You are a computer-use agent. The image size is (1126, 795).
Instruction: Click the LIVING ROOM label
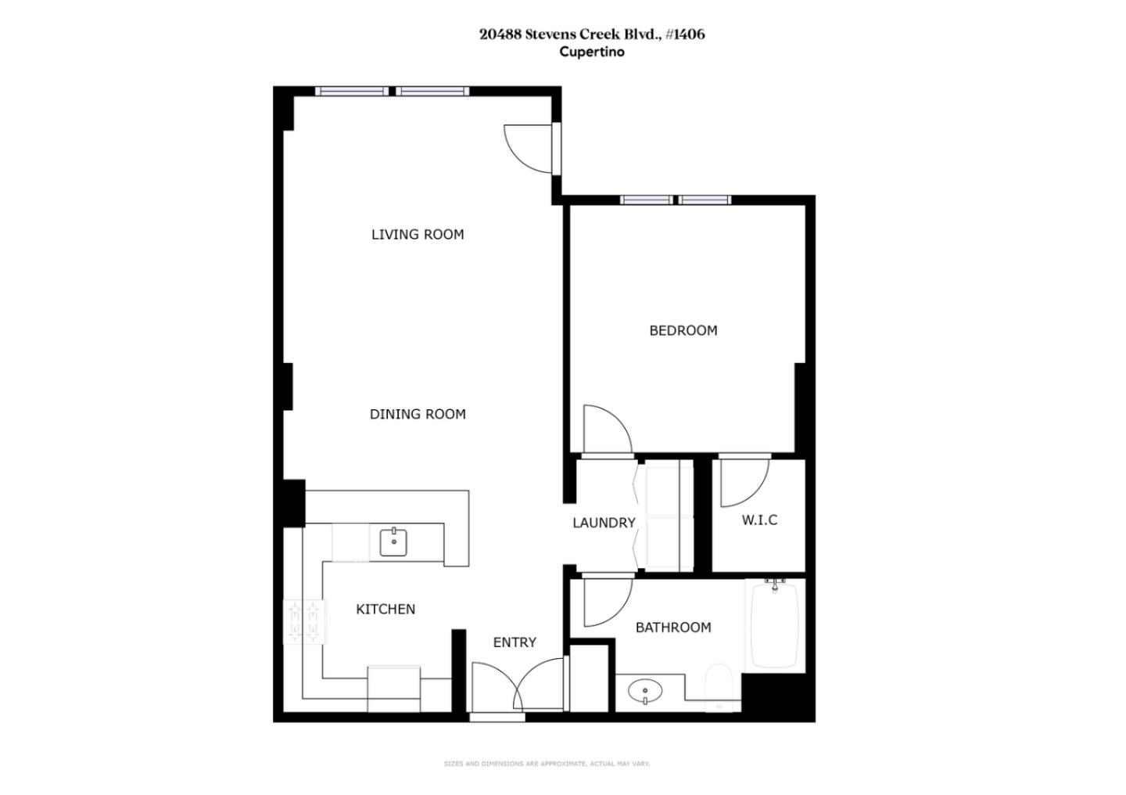(418, 234)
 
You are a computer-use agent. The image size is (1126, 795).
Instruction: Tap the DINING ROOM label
(418, 414)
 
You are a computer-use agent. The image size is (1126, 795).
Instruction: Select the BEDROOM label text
(683, 330)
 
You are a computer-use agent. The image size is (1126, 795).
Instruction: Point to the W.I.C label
(759, 520)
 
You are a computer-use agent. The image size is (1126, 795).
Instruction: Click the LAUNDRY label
(604, 523)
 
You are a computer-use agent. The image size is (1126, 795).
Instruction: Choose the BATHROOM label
(673, 627)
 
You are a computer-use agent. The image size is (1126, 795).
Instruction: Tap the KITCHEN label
(385, 609)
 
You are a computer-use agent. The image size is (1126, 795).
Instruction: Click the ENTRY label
(515, 642)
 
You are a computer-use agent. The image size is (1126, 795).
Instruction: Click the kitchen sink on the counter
(394, 541)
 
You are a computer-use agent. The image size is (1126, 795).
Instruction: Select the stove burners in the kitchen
(303, 622)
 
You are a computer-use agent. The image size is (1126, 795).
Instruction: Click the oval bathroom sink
(645, 691)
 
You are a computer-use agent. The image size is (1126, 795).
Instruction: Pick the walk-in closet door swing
(741, 481)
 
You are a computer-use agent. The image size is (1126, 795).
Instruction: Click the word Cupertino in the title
(592, 52)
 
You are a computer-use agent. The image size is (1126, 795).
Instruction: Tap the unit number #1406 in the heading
(685, 34)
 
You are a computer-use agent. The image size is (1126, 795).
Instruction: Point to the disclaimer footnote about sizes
(547, 763)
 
